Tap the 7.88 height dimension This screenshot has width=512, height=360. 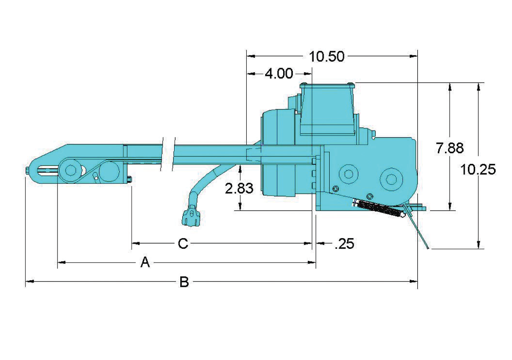(450, 149)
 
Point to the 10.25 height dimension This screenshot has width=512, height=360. (478, 169)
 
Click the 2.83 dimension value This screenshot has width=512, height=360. (239, 188)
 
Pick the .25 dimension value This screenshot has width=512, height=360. (344, 244)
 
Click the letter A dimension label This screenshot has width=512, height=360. (145, 263)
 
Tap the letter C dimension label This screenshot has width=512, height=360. (183, 244)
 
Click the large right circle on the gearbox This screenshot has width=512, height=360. (392, 179)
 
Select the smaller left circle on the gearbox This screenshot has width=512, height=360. (348, 173)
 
